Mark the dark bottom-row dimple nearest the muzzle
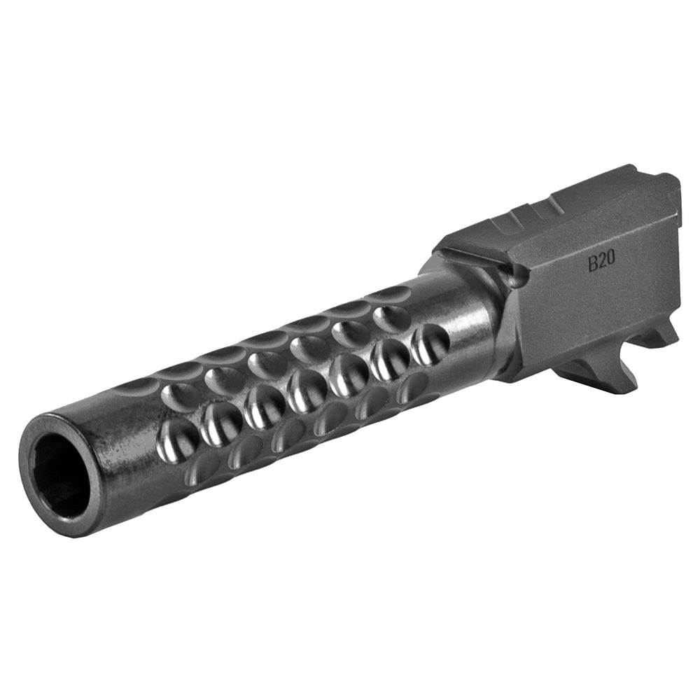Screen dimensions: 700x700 point(203,465)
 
